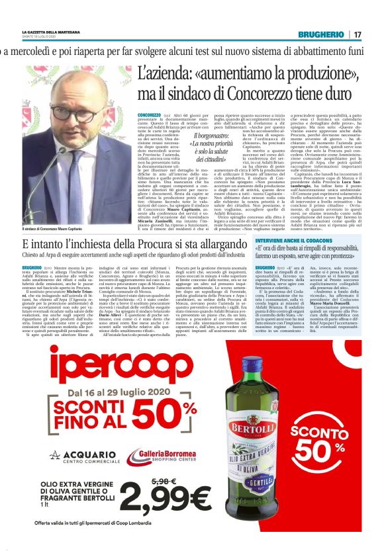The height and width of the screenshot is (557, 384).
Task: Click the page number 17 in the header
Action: [x=358, y=34]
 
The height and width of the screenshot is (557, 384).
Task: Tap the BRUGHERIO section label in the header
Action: [x=320, y=34]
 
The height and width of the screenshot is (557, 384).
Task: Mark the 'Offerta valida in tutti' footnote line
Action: [x=112, y=542]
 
